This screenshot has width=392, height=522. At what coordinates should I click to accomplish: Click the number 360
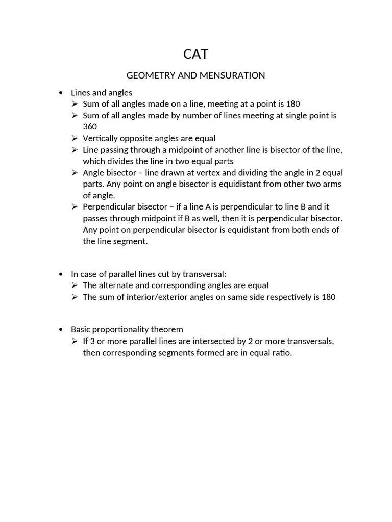(90, 126)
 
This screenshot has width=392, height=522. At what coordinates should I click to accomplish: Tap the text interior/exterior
(160, 297)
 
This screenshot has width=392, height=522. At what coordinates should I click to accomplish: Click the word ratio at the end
(281, 352)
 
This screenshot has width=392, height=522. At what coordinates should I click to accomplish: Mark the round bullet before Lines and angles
(61, 93)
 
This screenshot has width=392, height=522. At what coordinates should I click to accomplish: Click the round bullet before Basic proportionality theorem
(61, 329)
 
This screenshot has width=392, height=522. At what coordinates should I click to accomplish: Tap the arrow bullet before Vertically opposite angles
(74, 138)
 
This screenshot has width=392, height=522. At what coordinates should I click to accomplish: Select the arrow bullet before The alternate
(74, 285)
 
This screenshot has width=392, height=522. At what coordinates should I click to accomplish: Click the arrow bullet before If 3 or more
(74, 341)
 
